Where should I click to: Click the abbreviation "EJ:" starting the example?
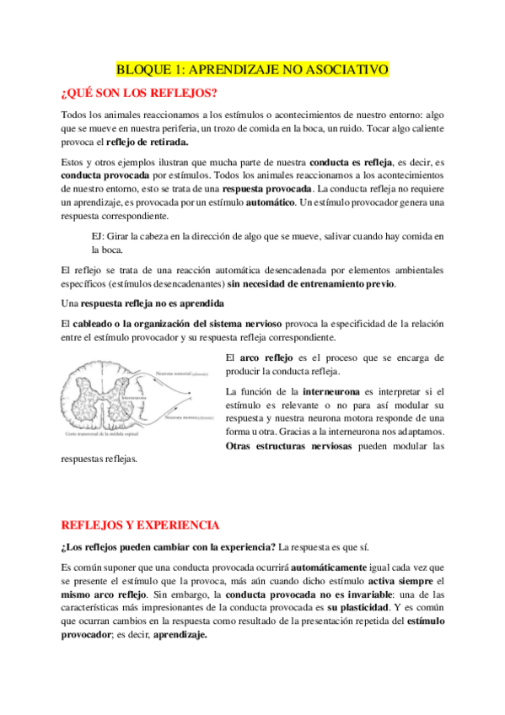101,235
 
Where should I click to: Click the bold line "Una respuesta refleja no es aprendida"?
142,303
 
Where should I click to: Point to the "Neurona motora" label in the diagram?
185,416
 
